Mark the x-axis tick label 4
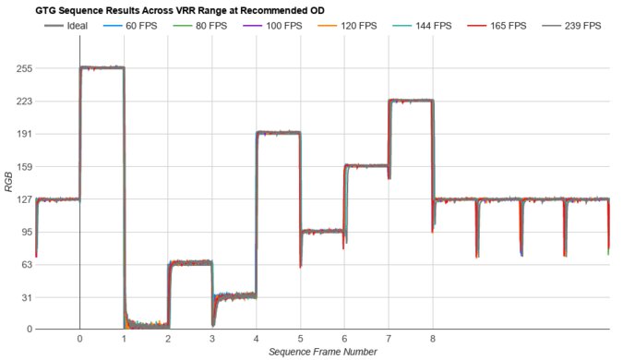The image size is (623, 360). [256, 339]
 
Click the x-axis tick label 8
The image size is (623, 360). [432, 339]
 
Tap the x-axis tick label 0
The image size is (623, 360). [80, 339]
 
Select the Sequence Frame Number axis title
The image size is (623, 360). [323, 352]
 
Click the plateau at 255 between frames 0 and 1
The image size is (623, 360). [102, 67]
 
